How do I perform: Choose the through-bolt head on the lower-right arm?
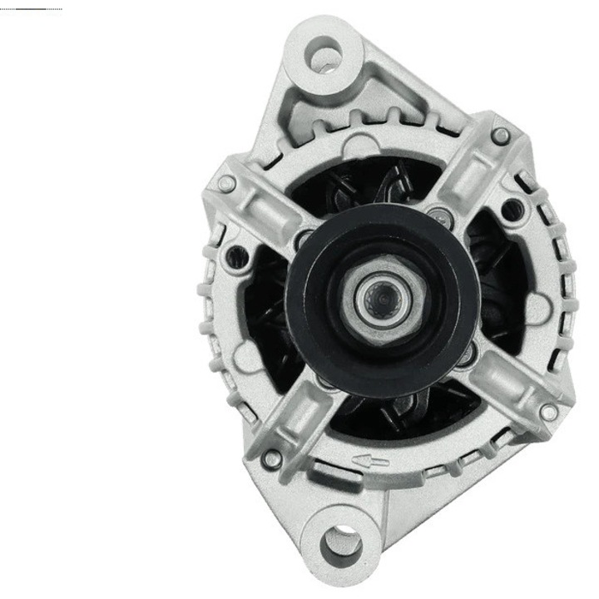[x=547, y=411]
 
